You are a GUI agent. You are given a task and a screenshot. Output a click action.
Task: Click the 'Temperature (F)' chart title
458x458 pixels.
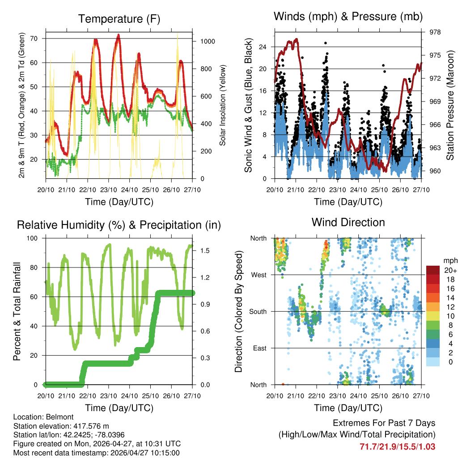point(119,19)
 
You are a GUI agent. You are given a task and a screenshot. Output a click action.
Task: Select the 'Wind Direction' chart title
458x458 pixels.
point(348,222)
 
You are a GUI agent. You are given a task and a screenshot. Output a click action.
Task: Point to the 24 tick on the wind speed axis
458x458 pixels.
point(263,47)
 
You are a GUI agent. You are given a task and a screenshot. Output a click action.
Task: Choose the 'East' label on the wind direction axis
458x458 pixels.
point(259,348)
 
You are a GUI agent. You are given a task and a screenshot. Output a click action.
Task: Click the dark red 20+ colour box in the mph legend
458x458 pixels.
point(433,270)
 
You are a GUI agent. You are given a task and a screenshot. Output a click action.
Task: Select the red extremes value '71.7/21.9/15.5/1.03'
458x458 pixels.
point(397,446)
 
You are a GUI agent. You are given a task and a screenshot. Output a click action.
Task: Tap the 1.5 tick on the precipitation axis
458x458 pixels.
point(203,251)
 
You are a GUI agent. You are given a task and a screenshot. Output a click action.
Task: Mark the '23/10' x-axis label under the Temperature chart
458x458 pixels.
point(109,190)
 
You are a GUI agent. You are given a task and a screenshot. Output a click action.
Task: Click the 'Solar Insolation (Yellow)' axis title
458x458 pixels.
point(222,105)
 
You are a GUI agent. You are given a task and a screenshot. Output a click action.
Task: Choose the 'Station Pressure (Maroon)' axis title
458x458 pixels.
point(450,106)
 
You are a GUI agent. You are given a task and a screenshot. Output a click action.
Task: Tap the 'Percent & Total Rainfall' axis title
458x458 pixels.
point(17,312)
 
